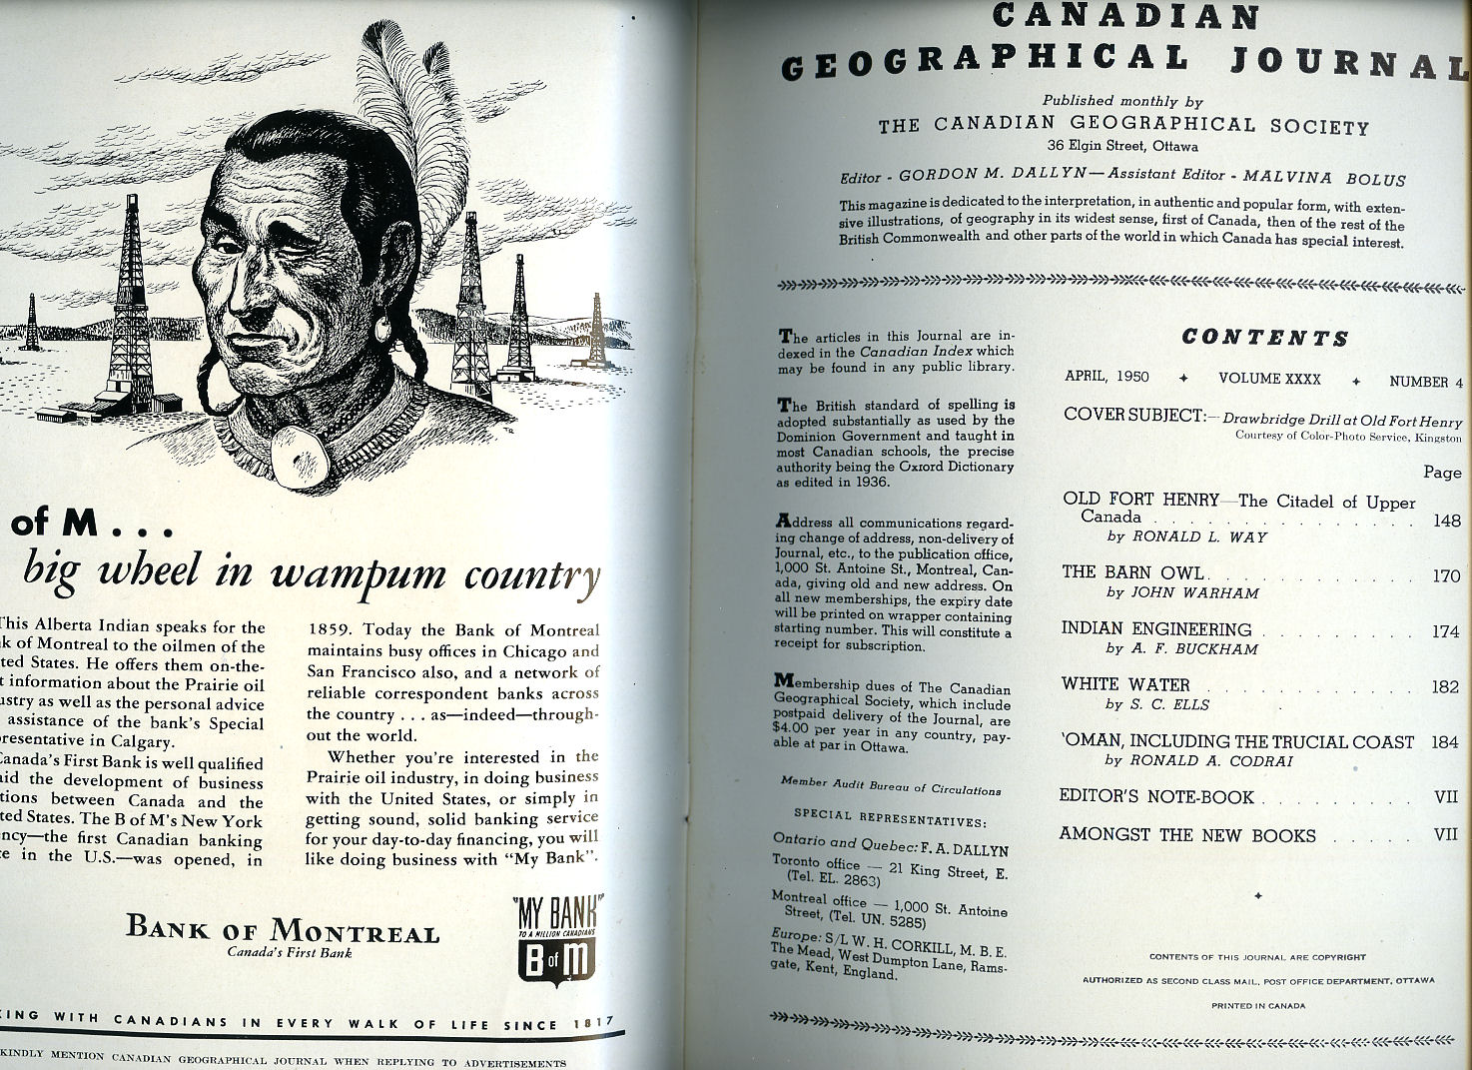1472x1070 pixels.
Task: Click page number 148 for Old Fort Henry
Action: click(1445, 521)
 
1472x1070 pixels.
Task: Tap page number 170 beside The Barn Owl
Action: click(1445, 576)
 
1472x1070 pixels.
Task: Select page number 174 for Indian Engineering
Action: click(1445, 632)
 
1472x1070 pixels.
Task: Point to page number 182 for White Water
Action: click(1445, 687)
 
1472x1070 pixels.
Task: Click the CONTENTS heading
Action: click(1264, 338)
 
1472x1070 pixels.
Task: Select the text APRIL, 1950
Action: click(1106, 378)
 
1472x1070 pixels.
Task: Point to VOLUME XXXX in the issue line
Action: click(1269, 380)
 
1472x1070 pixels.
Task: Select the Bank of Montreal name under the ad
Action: click(283, 929)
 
